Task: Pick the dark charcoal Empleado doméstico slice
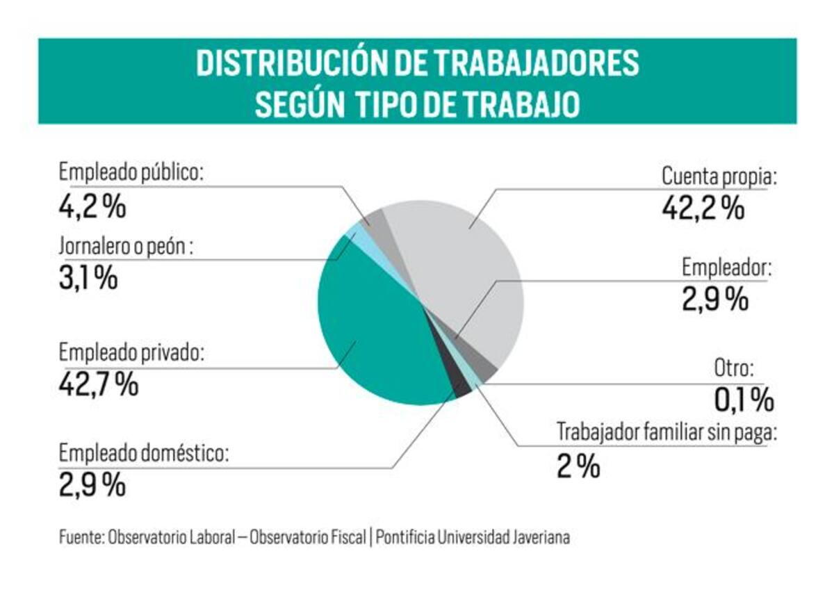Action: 461,388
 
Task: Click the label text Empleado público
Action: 131,173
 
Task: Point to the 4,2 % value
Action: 92,206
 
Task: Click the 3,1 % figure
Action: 88,279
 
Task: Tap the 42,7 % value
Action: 99,384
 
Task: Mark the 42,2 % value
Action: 703,208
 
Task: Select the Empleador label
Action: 727,267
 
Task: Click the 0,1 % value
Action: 744,400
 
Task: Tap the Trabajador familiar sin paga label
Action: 666,432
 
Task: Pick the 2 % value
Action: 578,466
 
